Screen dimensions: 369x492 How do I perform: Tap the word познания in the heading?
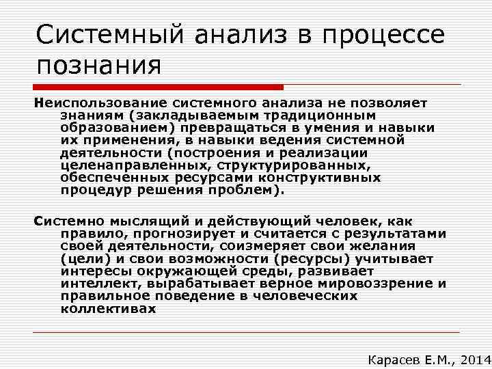tap(99, 66)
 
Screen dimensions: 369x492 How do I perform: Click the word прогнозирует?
tap(167, 234)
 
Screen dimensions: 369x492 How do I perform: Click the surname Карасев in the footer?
tap(395, 358)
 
